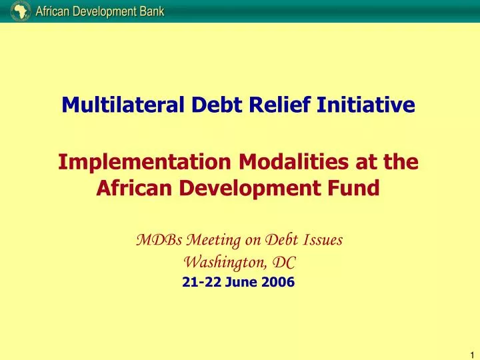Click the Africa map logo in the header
(20, 10)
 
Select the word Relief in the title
(270, 105)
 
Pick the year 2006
(277, 282)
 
